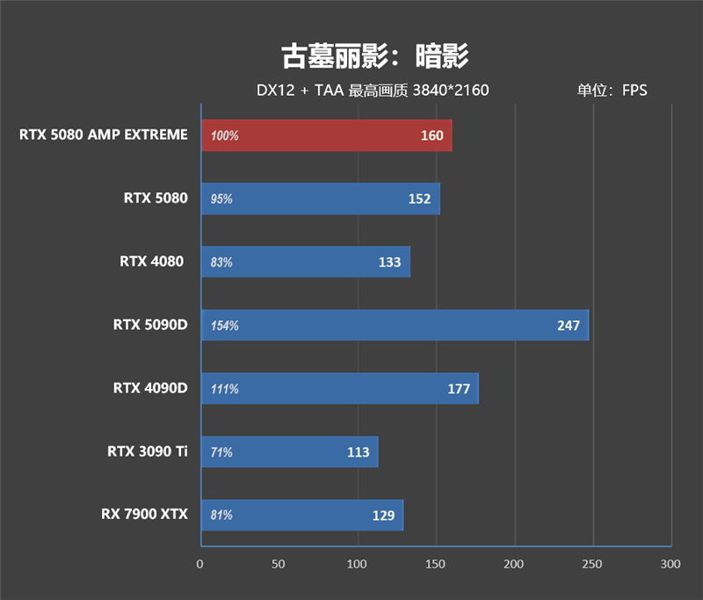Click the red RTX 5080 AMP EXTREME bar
(326, 135)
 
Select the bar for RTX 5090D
(394, 326)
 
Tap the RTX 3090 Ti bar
(289, 452)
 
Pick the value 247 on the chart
(569, 326)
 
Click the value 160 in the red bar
(432, 136)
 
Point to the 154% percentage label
(225, 326)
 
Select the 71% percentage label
(222, 452)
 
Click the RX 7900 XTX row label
(144, 515)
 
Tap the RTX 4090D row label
(150, 388)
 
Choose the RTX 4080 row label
(153, 261)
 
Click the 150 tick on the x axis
(436, 564)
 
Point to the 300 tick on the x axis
(671, 564)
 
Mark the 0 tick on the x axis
(200, 564)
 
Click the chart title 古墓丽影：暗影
(374, 55)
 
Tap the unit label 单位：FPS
(612, 90)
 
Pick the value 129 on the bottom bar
(383, 516)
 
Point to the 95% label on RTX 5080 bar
(222, 199)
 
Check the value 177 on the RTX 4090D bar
(459, 389)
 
